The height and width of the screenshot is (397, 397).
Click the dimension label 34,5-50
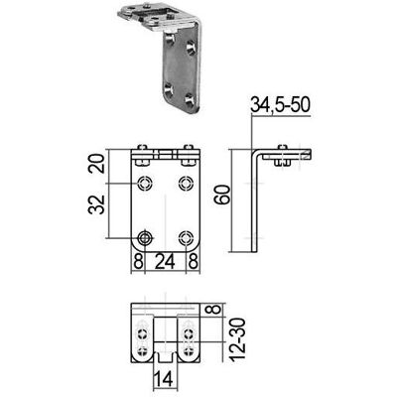coord(280,105)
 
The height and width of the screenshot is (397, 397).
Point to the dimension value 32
coord(97,205)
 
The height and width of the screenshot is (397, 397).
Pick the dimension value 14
coord(164,380)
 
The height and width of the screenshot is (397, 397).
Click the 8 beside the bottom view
coord(215,310)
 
